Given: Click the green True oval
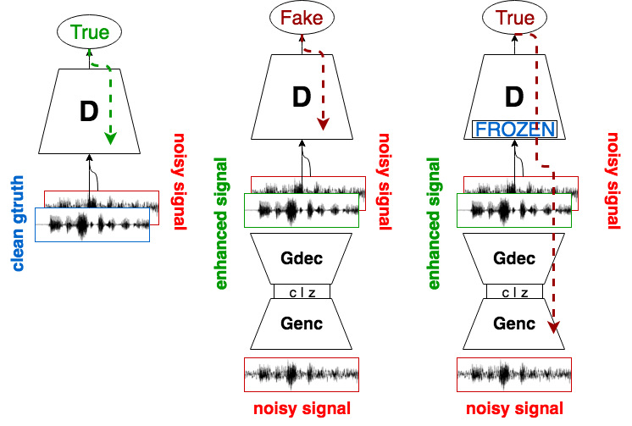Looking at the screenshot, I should (x=89, y=33).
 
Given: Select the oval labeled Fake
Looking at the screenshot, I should (x=301, y=17).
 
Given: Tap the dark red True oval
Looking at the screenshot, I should (x=514, y=18).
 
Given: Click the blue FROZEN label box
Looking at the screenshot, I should (x=514, y=130).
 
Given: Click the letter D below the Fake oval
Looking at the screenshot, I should (x=302, y=97).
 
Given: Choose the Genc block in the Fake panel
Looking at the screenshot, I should (x=301, y=324).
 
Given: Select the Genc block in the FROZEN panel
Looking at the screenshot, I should (x=514, y=324).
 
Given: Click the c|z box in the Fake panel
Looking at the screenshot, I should (x=301, y=292).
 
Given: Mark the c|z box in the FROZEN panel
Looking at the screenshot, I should (x=514, y=292).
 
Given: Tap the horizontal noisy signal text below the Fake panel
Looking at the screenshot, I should (x=302, y=409).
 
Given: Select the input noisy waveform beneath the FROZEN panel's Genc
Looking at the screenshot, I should (x=514, y=373).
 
